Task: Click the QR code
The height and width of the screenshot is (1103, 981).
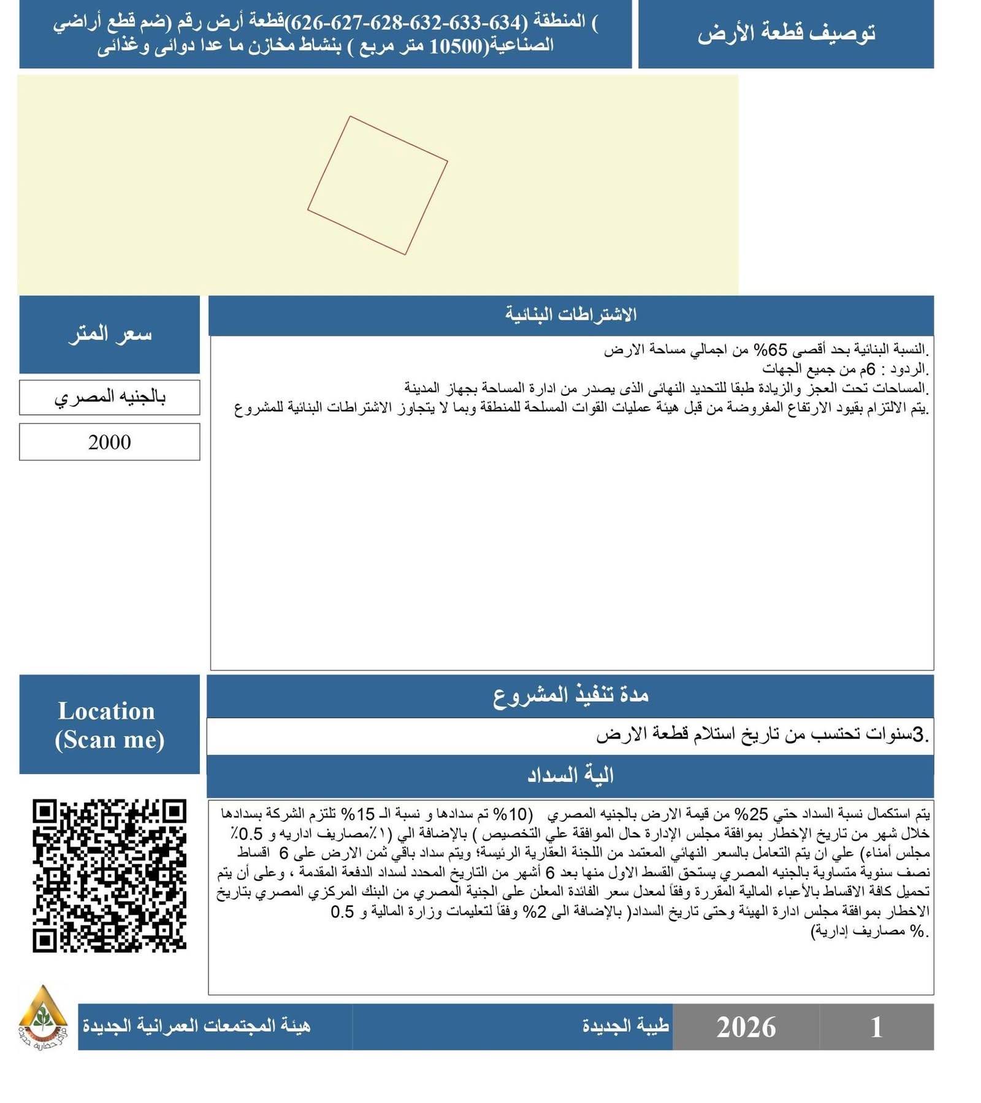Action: (x=109, y=876)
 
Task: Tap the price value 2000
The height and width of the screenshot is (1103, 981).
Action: (x=109, y=442)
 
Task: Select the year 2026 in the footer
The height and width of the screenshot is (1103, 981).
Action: (x=746, y=1027)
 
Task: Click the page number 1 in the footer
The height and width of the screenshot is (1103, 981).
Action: (x=876, y=1027)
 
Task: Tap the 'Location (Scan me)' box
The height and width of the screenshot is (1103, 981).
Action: (x=109, y=725)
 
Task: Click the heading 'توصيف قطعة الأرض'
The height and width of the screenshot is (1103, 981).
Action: (x=785, y=34)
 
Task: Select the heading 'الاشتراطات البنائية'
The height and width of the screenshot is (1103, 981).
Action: (x=571, y=315)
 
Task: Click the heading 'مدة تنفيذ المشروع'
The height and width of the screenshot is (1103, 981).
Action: (x=571, y=696)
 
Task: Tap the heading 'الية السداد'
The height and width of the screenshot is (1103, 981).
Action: (x=571, y=776)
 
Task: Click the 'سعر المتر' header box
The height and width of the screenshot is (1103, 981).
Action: (x=109, y=335)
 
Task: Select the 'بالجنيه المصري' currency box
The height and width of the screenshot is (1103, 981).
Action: (x=109, y=397)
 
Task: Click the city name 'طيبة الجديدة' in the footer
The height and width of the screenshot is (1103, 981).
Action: (x=625, y=1026)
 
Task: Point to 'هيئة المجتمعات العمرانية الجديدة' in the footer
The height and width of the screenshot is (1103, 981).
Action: (x=196, y=1026)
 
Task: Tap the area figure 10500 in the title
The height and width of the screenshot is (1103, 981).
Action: (x=456, y=47)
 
